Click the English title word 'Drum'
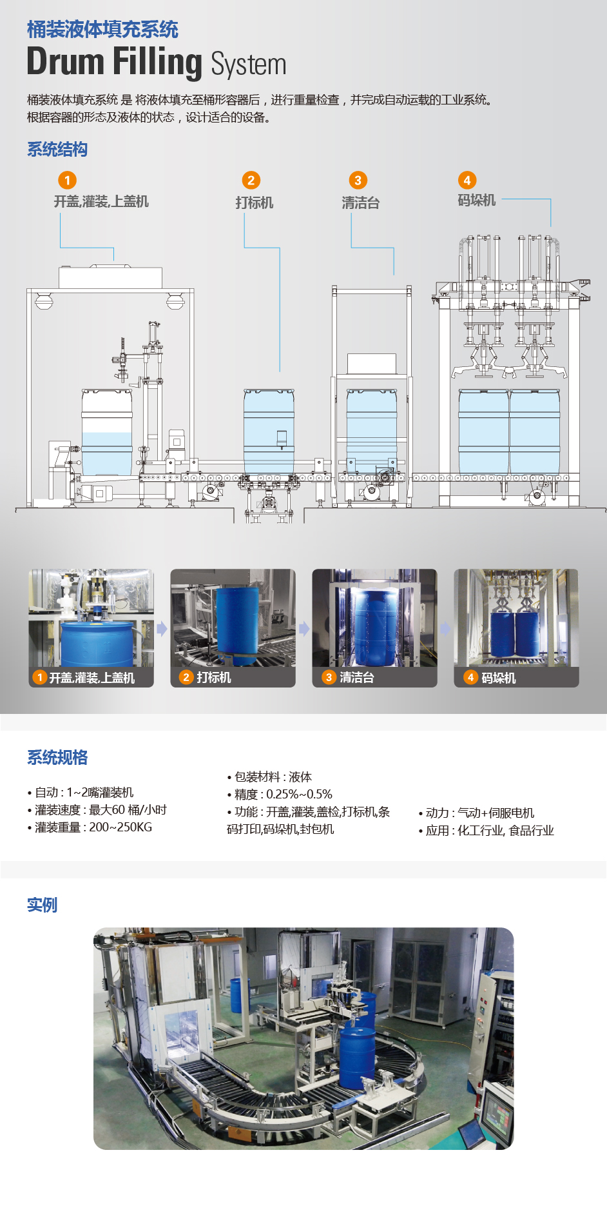point(65,62)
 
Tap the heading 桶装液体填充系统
point(102,29)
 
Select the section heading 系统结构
point(57,150)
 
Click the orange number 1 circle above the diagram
point(67,180)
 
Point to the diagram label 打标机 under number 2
point(255,203)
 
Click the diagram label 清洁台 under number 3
point(361,203)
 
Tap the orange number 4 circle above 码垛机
point(467,180)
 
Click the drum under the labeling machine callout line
point(269,432)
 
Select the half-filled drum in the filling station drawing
point(107,432)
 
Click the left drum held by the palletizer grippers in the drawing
point(483,432)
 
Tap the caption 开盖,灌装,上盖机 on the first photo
point(92,678)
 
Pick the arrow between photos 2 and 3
point(304,628)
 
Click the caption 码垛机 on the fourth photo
point(499,678)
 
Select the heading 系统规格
point(57,758)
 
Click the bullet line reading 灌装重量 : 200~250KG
point(90,827)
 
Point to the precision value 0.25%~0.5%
point(300,795)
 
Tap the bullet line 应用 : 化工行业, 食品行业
point(486,831)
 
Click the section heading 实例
point(42,905)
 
